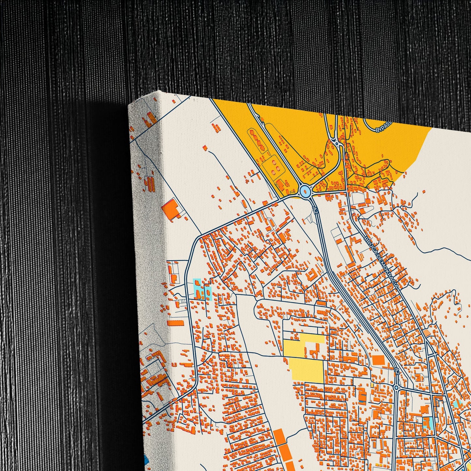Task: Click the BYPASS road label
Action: (x=383, y=128)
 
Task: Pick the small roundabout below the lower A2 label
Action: (x=396, y=387)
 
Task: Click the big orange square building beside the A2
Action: (x=378, y=360)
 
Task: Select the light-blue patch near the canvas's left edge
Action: (x=202, y=289)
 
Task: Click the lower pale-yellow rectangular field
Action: (x=306, y=369)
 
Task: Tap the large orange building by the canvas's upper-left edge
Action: (x=171, y=209)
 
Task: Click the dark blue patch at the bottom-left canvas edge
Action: (x=145, y=460)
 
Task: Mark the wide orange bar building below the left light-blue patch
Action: (x=176, y=323)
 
